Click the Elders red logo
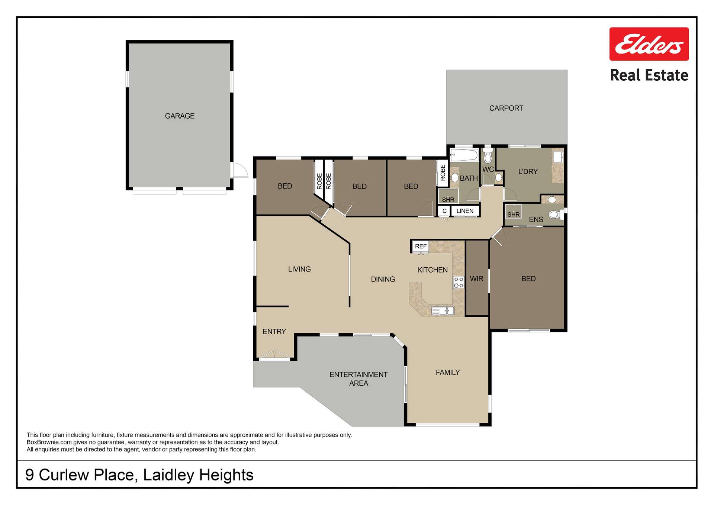click(649, 44)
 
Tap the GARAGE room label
click(180, 116)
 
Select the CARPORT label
click(506, 108)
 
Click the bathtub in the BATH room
click(464, 155)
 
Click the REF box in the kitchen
click(421, 247)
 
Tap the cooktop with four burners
click(458, 283)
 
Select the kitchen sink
click(443, 311)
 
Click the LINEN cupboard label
click(465, 211)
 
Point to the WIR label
click(476, 279)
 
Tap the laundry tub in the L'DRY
click(557, 157)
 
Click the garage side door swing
click(239, 170)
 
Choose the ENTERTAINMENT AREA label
click(358, 379)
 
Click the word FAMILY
click(447, 373)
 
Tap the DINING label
click(383, 279)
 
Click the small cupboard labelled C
click(444, 211)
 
